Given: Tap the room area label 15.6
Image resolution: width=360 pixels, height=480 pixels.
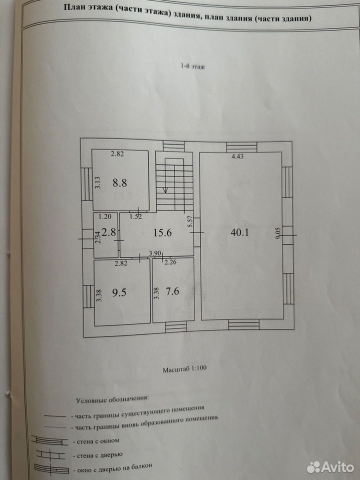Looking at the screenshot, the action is [x=162, y=233].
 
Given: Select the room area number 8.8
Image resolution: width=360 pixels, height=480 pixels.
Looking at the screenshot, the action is [x=119, y=183].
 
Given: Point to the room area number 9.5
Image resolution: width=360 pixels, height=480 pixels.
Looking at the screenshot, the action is [x=119, y=292].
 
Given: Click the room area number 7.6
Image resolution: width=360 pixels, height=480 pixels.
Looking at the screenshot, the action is [x=172, y=291].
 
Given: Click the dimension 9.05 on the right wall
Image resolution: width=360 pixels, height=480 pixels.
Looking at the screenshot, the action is [x=277, y=232].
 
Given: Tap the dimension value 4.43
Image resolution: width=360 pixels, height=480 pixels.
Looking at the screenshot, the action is [x=237, y=156].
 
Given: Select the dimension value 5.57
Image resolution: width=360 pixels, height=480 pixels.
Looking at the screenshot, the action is [x=190, y=221].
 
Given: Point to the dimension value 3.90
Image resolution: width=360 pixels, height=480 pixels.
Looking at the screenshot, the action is [x=155, y=253].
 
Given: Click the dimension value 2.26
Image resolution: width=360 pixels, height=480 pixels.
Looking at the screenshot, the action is [x=170, y=262].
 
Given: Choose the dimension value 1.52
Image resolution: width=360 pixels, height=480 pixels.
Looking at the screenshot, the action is [x=135, y=216].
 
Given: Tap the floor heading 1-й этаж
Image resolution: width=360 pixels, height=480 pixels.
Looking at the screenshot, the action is [x=192, y=66].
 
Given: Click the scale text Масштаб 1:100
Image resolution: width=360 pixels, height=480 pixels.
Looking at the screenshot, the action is [x=184, y=368].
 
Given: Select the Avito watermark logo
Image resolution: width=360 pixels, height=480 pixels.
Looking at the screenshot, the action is [x=330, y=467].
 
